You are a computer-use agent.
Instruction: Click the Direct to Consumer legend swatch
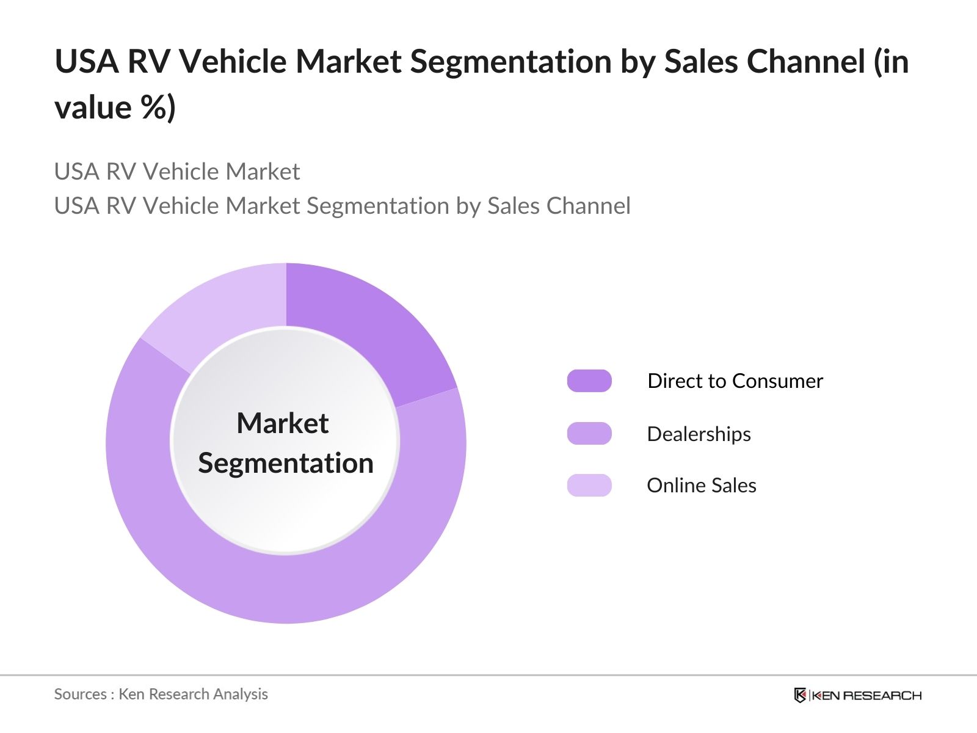click(x=589, y=381)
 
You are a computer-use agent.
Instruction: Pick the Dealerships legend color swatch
click(x=589, y=434)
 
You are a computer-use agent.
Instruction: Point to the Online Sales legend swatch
click(x=589, y=486)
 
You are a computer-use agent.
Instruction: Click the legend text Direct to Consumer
click(x=735, y=381)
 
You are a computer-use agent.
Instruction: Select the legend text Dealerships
click(x=699, y=434)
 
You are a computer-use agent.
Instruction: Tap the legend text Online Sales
click(x=702, y=486)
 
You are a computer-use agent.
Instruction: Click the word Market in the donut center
click(x=283, y=423)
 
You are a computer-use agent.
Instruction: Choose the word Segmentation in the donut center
click(x=286, y=463)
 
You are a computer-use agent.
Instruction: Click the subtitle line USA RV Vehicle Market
click(x=177, y=172)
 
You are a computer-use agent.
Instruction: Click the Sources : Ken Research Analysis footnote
click(x=161, y=694)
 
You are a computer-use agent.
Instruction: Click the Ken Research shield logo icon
click(x=800, y=695)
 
